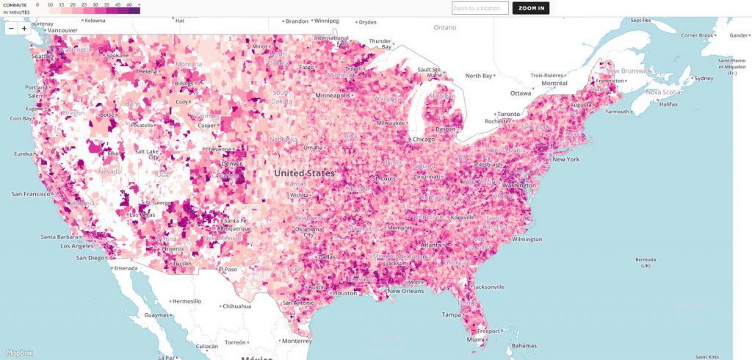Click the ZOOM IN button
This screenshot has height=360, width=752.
coord(530,8)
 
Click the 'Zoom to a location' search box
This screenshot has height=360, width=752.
coord(480,8)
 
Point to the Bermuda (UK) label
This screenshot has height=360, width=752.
coord(644,262)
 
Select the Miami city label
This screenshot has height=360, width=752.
coord(477,339)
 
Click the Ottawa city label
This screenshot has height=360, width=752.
coord(521,93)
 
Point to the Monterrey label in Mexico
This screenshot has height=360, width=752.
coord(296,341)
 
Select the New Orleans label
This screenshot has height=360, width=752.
coord(405,291)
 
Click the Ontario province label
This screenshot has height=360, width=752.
coord(444,27)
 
